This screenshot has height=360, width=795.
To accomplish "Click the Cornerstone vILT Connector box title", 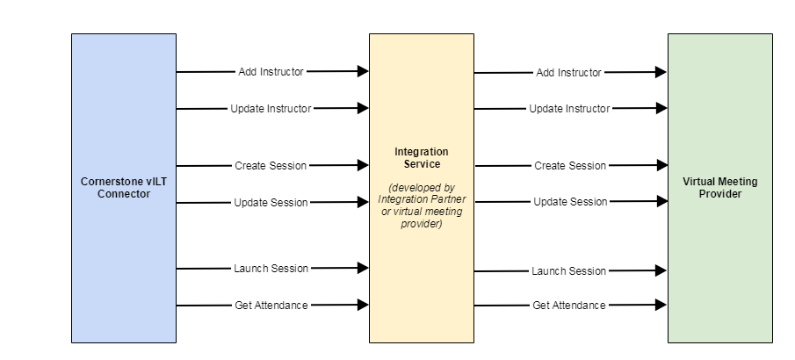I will (123, 188).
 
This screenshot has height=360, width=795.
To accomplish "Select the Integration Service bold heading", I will (421, 157).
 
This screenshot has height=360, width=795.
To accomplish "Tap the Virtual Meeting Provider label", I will (719, 188).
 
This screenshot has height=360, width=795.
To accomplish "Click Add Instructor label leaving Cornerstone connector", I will (271, 71).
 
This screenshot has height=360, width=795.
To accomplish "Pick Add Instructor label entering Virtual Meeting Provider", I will (569, 73).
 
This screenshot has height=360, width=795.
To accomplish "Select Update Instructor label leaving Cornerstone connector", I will (271, 109).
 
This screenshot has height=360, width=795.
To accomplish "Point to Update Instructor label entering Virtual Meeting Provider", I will (569, 109).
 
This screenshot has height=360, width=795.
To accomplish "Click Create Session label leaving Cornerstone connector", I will (271, 165).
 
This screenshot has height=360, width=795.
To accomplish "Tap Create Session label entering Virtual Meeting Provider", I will (569, 166).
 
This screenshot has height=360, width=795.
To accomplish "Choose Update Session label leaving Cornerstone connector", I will (271, 203).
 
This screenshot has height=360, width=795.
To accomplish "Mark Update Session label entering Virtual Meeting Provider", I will (569, 202).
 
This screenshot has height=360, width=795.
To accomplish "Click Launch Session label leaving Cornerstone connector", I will (271, 269).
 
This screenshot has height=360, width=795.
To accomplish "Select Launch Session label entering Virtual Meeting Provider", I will (569, 271).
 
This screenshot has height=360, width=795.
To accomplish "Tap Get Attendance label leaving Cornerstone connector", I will (271, 306).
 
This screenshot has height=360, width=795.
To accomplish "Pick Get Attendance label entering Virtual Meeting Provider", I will (569, 306).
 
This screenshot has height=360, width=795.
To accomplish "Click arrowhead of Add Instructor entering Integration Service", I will (363, 71).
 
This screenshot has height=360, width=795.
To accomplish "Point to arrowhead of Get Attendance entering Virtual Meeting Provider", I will (661, 306).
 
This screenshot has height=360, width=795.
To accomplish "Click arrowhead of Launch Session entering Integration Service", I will (363, 269).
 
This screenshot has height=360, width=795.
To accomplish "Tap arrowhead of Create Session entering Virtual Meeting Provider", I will (661, 165).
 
